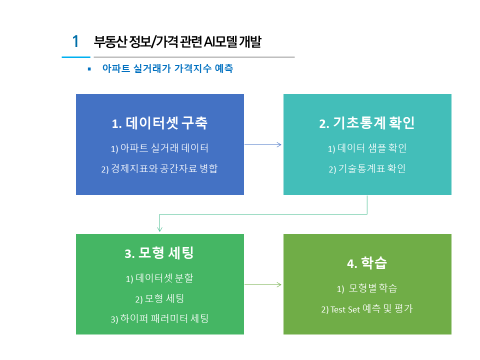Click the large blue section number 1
[75, 41]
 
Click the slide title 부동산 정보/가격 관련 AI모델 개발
[177, 41]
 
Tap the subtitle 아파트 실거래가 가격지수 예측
[168, 68]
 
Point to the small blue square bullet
[89, 69]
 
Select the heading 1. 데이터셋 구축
[159, 123]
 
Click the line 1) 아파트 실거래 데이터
[159, 148]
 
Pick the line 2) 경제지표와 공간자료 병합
[159, 168]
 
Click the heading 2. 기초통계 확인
[366, 123]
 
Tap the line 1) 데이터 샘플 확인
[367, 148]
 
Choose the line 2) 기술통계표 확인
[367, 168]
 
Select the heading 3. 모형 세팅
[159, 253]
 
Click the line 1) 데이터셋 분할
[159, 278]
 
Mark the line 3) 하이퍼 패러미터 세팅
[159, 318]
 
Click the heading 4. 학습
[367, 263]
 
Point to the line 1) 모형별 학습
[367, 288]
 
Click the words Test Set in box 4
[345, 309]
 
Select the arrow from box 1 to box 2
[263, 145]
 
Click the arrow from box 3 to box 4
[263, 284]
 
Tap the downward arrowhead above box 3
[159, 229]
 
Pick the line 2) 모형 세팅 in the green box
[159, 298]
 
